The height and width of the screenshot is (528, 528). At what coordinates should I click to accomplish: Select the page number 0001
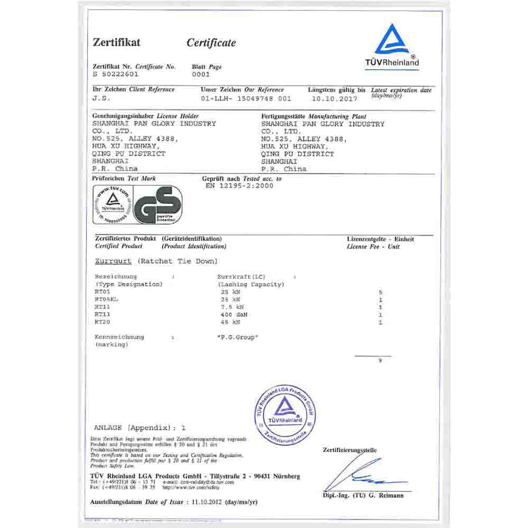(x=201, y=74)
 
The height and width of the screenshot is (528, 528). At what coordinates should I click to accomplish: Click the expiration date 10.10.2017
(x=334, y=98)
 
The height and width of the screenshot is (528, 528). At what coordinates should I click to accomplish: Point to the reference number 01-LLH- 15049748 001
(x=246, y=98)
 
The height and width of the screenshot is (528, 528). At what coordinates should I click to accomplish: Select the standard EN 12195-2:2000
(x=239, y=186)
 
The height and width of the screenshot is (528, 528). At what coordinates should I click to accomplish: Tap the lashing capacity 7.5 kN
(x=233, y=307)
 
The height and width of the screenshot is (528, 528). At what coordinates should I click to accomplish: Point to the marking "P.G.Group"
(x=238, y=337)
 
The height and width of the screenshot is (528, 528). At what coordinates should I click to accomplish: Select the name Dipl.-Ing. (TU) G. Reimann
(x=363, y=495)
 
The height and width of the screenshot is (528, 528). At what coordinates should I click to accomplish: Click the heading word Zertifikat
(x=117, y=42)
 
